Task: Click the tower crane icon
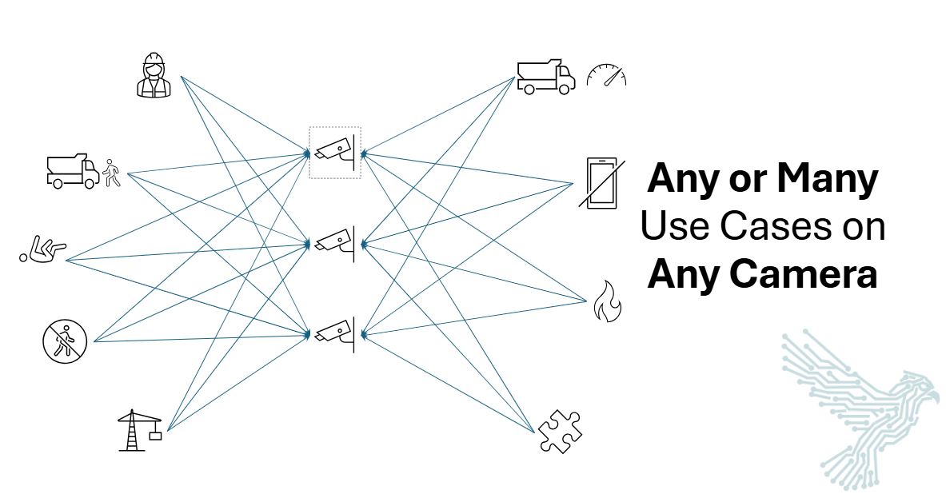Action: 136,430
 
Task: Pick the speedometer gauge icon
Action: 606,76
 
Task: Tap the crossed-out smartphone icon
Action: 601,183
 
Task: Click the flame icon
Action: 606,301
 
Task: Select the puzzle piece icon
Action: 559,431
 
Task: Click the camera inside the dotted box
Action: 336,151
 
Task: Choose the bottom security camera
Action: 336,332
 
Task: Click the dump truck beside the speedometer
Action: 545,77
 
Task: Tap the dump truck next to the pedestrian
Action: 72,169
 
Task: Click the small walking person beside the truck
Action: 112,173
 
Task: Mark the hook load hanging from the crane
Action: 155,436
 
